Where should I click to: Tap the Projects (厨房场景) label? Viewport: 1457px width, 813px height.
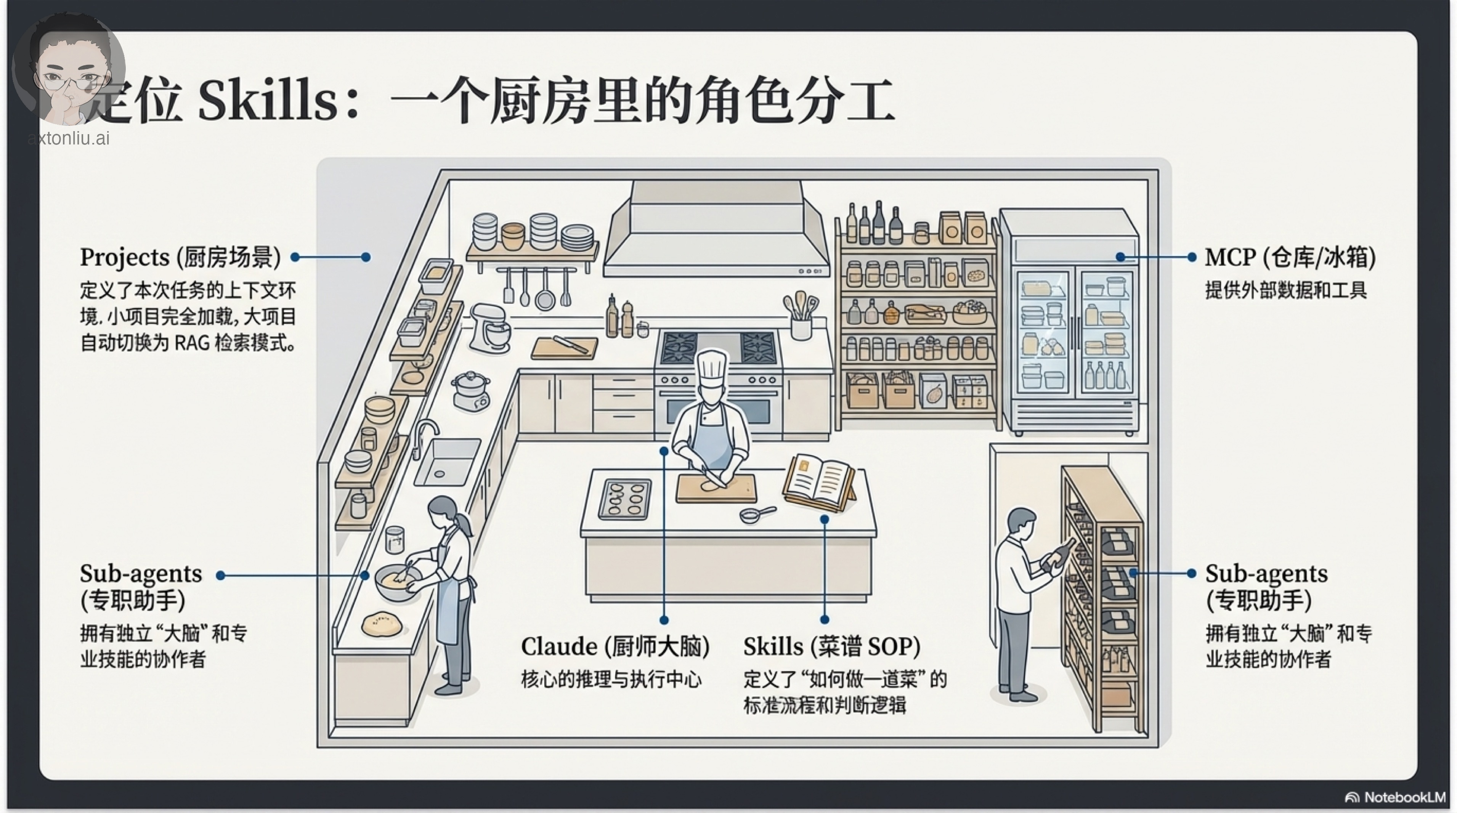(x=180, y=257)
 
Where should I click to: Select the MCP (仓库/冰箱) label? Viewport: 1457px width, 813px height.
(x=1290, y=257)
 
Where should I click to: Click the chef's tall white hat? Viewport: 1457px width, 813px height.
(x=711, y=367)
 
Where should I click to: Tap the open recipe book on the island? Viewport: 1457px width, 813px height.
(x=819, y=482)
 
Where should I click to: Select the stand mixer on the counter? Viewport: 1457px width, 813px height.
(x=488, y=328)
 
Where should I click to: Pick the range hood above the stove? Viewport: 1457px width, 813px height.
(x=716, y=232)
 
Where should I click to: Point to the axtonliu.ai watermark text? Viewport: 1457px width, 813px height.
(x=69, y=138)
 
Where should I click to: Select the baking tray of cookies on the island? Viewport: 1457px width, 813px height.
(x=624, y=498)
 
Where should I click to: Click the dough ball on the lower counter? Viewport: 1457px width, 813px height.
(x=382, y=624)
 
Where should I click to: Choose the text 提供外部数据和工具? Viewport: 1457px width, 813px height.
(x=1285, y=290)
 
